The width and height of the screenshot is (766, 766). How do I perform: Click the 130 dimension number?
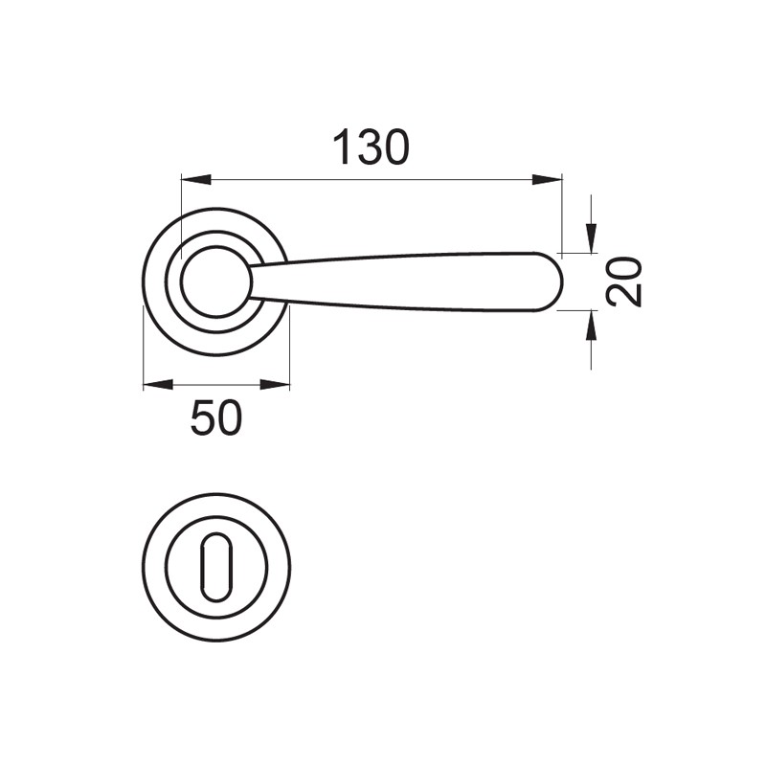pyautogui.click(x=371, y=147)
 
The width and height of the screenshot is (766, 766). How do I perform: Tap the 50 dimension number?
pyautogui.click(x=216, y=417)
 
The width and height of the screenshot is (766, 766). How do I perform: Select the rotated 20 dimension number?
pyautogui.click(x=624, y=282)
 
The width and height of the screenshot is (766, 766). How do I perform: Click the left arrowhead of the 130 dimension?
pyautogui.click(x=196, y=179)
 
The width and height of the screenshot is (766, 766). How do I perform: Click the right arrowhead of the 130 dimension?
pyautogui.click(x=547, y=179)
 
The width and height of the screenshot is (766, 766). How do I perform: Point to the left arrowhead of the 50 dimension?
pyautogui.click(x=158, y=385)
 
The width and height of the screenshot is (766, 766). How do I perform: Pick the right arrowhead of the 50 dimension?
pyautogui.click(x=275, y=385)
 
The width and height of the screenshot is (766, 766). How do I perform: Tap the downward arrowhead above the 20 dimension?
pyautogui.click(x=591, y=237)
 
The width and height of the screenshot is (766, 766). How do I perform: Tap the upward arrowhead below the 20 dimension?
pyautogui.click(x=591, y=326)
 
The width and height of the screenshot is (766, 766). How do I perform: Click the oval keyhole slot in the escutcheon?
pyautogui.click(x=216, y=567)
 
